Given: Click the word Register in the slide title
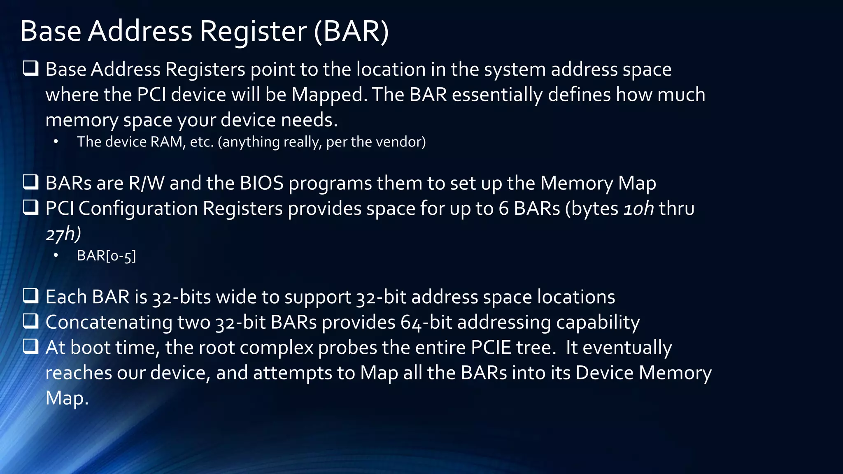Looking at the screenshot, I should [x=253, y=31].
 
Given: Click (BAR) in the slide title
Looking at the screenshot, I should [x=352, y=31].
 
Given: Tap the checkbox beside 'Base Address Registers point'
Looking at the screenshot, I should [x=31, y=68].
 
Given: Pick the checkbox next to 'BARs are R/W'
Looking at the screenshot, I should [x=31, y=182].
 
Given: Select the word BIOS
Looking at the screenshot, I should [x=262, y=183].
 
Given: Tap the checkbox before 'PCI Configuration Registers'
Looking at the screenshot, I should [x=31, y=207].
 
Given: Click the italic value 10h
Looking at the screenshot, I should [x=638, y=209].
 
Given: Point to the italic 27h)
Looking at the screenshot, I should [x=63, y=234].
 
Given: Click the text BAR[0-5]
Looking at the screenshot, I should [x=106, y=256].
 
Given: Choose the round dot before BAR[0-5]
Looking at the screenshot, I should [x=56, y=256].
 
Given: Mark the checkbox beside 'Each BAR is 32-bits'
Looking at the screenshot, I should [x=31, y=296].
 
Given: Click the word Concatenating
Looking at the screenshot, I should [x=109, y=323].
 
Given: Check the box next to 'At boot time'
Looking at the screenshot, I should [x=31, y=346].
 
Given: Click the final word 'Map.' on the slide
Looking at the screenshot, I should [x=67, y=398].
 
